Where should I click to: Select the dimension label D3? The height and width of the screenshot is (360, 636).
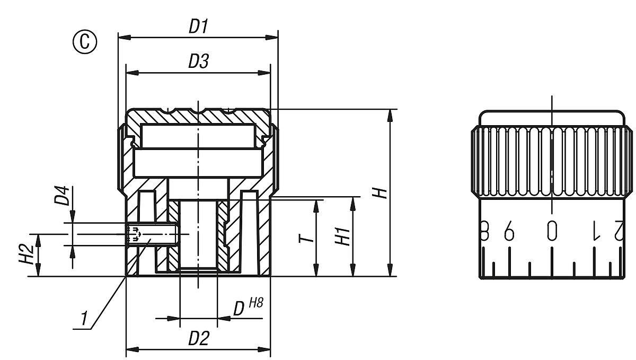tap(198, 62)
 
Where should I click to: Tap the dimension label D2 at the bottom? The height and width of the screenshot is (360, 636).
tap(199, 338)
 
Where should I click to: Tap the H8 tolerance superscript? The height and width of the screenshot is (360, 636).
tap(255, 303)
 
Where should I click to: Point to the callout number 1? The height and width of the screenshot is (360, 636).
tap(83, 319)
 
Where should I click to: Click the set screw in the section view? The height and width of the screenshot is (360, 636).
tap(151, 234)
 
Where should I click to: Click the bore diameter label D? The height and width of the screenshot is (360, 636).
tap(240, 309)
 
